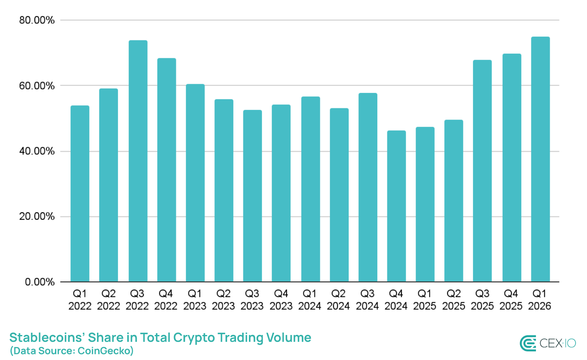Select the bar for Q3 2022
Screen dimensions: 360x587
138,161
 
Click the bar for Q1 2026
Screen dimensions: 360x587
540,159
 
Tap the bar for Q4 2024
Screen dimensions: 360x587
396,206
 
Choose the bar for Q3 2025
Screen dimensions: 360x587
482,171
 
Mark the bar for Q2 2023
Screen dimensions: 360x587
224,191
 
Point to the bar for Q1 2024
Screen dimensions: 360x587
310,189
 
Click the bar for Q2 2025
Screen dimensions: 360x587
453,201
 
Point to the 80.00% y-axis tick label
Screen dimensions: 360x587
37,20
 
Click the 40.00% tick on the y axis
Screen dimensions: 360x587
37,151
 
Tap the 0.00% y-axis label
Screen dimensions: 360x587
40,282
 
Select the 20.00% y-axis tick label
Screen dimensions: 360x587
37,216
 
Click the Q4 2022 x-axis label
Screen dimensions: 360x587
166,300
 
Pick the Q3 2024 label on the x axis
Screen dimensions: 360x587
367,300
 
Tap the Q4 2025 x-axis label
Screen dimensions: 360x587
511,300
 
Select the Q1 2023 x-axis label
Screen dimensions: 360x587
195,300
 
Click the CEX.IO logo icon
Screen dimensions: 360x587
528,344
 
